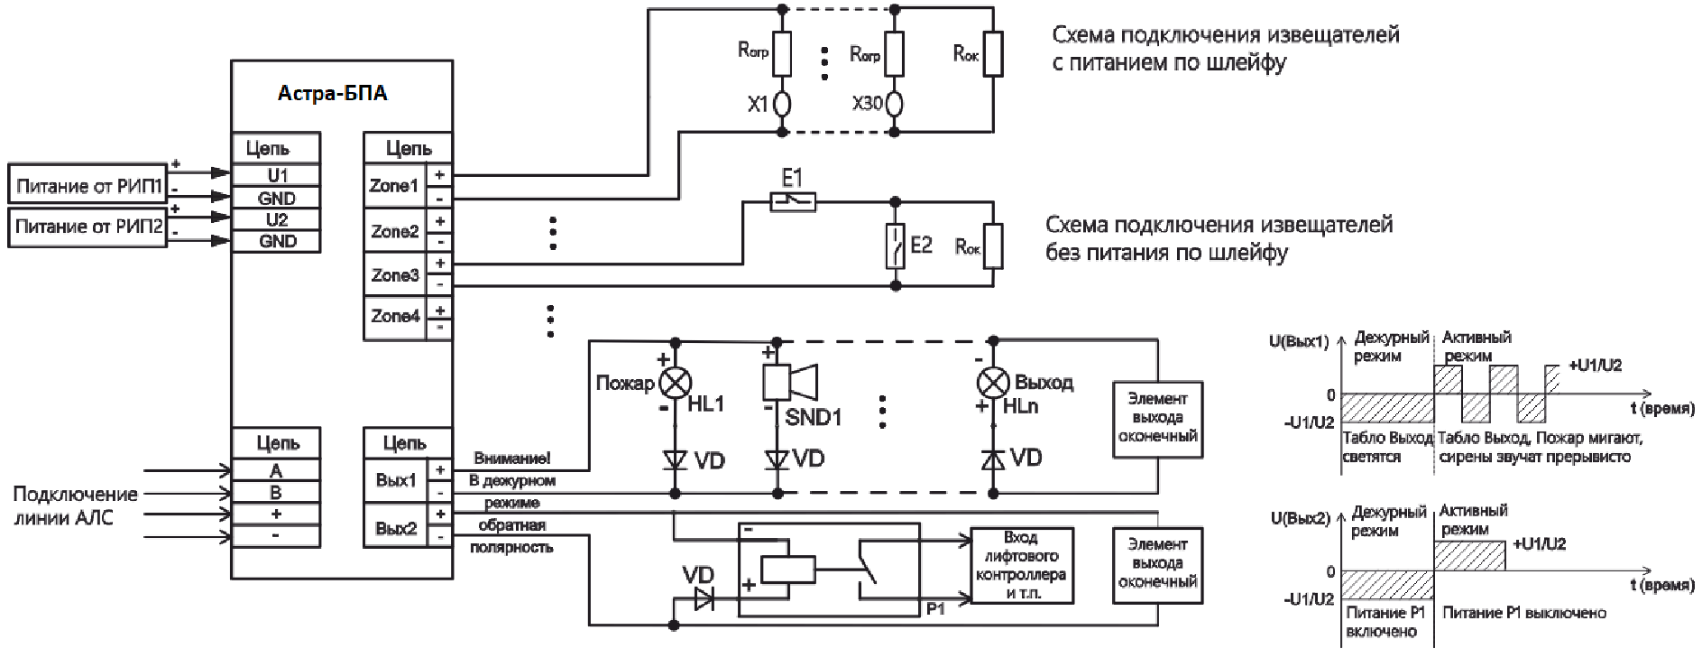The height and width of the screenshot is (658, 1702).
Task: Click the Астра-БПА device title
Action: [x=332, y=93]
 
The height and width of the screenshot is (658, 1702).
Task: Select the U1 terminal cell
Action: [x=276, y=175]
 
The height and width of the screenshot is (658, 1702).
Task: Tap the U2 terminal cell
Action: [x=276, y=219]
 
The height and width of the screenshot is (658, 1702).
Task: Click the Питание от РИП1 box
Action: [x=87, y=186]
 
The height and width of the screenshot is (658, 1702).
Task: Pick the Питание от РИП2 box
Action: [x=87, y=227]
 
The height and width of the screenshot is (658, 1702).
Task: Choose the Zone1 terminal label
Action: [x=394, y=186]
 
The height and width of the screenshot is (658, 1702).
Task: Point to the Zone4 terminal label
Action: [x=394, y=316]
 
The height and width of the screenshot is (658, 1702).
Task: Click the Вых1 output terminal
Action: [x=396, y=480]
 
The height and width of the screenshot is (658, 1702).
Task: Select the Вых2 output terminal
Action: [x=396, y=528]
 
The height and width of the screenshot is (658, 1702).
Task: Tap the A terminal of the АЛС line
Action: [x=276, y=470]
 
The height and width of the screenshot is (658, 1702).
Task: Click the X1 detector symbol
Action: [x=783, y=105]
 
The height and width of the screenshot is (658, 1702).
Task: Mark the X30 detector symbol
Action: [x=894, y=105]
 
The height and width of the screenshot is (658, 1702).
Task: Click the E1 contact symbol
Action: [x=793, y=201]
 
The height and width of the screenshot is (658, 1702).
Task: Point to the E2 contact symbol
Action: [x=895, y=246]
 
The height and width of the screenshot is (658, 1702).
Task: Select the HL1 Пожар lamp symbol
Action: [x=675, y=384]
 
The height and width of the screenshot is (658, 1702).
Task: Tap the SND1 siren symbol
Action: [x=789, y=382]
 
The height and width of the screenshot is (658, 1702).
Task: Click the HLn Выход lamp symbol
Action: [x=993, y=383]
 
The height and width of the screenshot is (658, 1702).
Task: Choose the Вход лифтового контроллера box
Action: [x=1021, y=566]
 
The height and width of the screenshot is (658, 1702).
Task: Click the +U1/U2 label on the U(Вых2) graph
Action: [x=1539, y=544]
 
